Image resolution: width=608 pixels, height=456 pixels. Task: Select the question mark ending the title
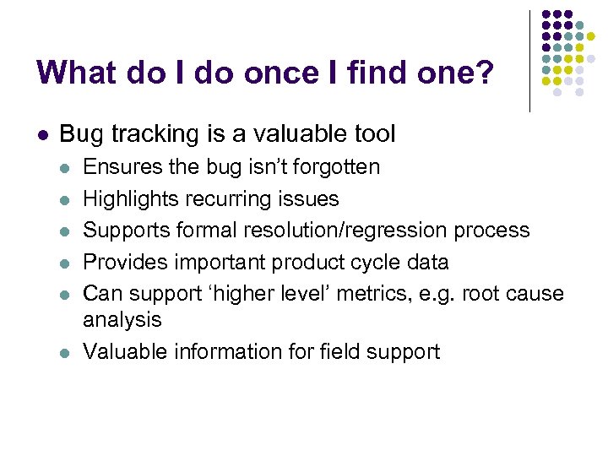[x=485, y=73]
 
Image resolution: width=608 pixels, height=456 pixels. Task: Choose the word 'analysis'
[x=122, y=319]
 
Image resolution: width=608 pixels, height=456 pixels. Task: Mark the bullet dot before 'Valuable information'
[x=64, y=352]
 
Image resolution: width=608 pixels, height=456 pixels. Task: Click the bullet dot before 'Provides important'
[x=64, y=263]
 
